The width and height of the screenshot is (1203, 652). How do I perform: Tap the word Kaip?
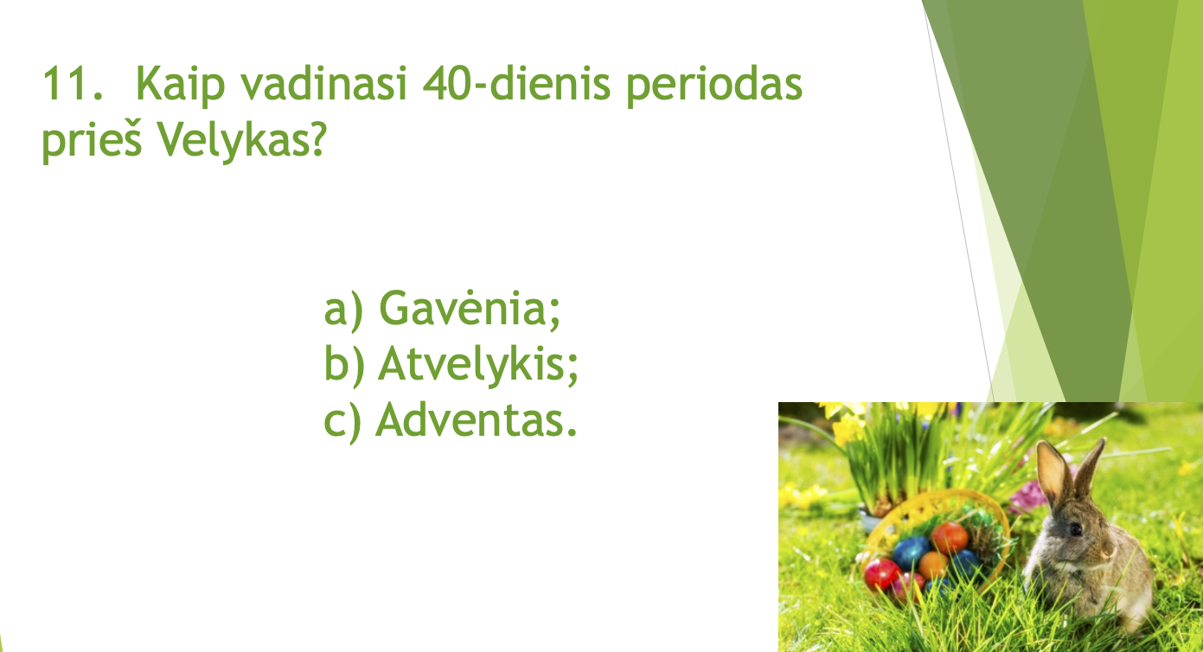tap(180, 85)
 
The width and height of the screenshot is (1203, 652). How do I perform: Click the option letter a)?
tap(343, 311)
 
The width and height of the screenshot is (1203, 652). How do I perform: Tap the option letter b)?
tap(343, 365)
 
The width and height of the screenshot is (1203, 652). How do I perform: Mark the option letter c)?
tap(342, 422)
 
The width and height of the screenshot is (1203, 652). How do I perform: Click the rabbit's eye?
tap(1076, 529)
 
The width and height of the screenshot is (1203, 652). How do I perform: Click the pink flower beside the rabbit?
tap(1027, 496)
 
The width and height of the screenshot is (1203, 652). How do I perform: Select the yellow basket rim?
tap(936, 504)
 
